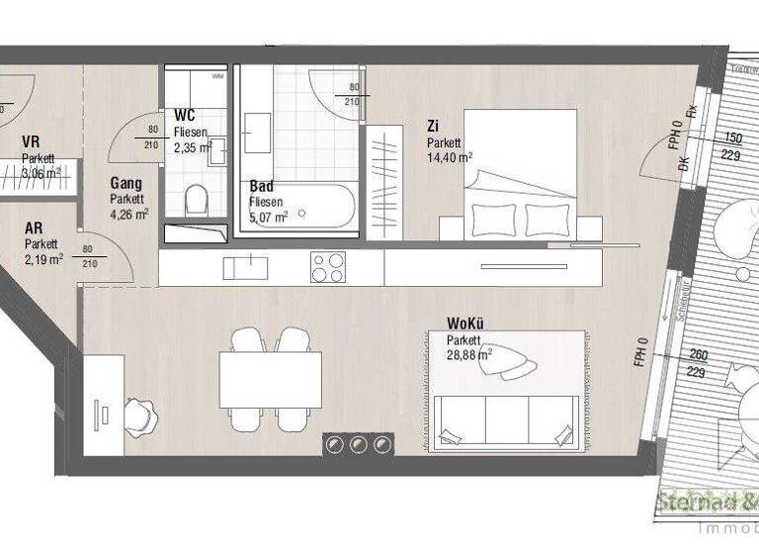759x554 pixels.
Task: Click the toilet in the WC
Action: (196, 201)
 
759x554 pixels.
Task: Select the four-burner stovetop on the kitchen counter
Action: (328, 267)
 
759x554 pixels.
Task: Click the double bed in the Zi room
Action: (521, 175)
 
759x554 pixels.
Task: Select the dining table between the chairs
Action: (271, 380)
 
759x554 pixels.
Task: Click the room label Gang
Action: (126, 183)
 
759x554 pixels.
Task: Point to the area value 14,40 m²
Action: (449, 156)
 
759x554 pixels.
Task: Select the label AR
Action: (34, 229)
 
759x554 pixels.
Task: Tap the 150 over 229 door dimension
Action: (732, 146)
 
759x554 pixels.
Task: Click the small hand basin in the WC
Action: (218, 149)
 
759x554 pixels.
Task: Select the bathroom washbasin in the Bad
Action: (256, 131)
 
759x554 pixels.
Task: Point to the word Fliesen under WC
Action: (190, 133)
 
